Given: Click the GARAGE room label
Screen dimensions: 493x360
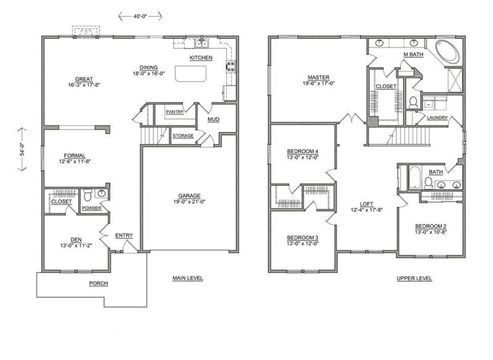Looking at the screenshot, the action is [x=189, y=195].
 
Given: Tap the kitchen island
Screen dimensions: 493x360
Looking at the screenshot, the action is [x=191, y=73].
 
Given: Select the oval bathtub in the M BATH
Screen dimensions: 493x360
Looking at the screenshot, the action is [x=447, y=51].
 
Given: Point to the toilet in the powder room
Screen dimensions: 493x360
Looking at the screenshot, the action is [x=88, y=195].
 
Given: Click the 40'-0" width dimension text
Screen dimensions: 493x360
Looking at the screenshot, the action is [x=141, y=16].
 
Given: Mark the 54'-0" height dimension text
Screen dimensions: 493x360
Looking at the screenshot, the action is [x=22, y=149].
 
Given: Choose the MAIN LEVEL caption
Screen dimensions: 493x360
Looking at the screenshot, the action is [x=188, y=278].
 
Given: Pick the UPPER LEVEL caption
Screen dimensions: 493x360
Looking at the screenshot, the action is [x=414, y=278].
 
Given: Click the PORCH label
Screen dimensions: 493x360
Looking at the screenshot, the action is [x=99, y=284].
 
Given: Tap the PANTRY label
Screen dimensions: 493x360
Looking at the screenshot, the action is [x=175, y=112].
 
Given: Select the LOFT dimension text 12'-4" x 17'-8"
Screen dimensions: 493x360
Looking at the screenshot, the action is [x=367, y=210].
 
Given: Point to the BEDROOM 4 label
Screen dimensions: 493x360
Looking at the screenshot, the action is [x=303, y=151].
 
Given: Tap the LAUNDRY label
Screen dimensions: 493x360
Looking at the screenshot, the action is [x=437, y=118].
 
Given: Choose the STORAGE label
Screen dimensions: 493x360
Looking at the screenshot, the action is [x=183, y=136].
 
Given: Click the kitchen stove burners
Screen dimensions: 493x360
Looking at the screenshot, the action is [x=230, y=66].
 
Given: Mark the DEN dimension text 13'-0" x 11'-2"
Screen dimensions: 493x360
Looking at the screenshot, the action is [x=76, y=245].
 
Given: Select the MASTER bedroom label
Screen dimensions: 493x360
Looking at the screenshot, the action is [x=319, y=77].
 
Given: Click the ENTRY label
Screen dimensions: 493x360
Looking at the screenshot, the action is [x=124, y=235].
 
